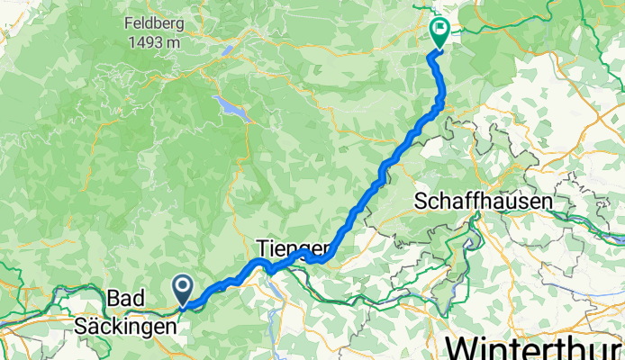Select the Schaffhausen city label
pyautogui.click(x=483, y=202)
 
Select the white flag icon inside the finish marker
pyautogui.click(x=440, y=28)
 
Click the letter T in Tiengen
pyautogui.click(x=261, y=247)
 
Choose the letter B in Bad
pyautogui.click(x=113, y=297)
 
